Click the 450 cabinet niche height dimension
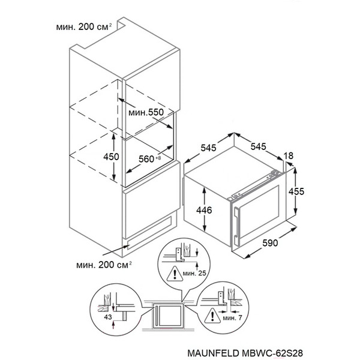[111, 157]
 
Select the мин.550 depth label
[146, 112]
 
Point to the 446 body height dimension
[204, 210]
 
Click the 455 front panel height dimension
[296, 191]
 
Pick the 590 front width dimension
[270, 242]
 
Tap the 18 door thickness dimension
[289, 155]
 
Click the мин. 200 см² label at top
[84, 27]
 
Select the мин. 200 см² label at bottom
[104, 265]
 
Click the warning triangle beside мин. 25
[175, 274]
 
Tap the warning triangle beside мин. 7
[212, 316]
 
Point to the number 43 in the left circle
[107, 317]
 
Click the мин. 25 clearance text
[194, 273]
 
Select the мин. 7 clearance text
[232, 318]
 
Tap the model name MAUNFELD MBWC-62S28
[245, 353]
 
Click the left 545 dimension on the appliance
[208, 148]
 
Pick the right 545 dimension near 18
[258, 146]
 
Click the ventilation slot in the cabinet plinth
[149, 233]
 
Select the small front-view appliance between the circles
[168, 315]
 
